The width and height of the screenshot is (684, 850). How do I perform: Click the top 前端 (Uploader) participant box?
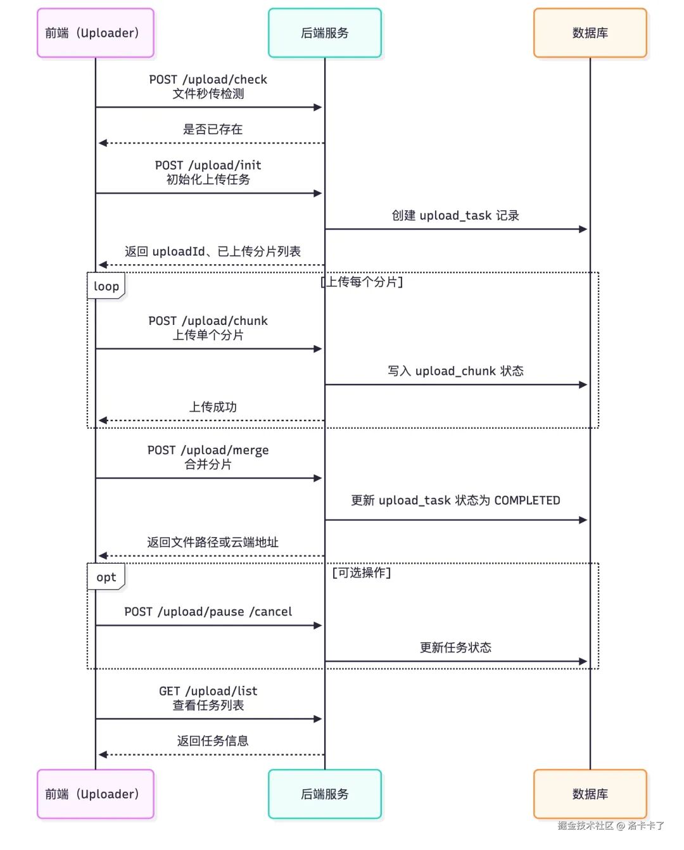click(96, 33)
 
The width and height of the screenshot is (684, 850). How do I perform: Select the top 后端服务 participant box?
click(325, 33)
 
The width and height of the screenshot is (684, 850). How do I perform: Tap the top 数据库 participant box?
click(590, 33)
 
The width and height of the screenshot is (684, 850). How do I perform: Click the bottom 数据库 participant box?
click(590, 794)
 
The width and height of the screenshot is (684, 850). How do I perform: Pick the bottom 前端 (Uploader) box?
click(96, 794)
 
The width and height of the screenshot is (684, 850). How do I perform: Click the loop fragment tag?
click(106, 286)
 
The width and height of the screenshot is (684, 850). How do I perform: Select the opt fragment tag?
click(106, 577)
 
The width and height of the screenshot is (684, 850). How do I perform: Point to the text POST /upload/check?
click(208, 80)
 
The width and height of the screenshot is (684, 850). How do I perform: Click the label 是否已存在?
click(212, 129)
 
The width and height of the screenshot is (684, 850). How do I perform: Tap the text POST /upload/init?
click(208, 165)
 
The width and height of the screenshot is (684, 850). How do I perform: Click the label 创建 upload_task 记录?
click(455, 215)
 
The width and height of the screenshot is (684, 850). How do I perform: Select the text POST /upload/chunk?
click(208, 321)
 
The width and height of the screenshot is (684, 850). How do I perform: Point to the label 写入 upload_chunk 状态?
click(455, 371)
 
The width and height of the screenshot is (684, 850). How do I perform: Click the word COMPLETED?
click(527, 500)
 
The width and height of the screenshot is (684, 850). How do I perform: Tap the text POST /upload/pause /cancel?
click(208, 612)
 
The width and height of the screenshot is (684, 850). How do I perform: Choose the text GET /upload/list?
click(208, 691)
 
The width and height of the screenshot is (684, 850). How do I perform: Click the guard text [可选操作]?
click(362, 573)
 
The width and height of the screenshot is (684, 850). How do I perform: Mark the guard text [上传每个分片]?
click(362, 282)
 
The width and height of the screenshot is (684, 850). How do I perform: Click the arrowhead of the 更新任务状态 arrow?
click(583, 661)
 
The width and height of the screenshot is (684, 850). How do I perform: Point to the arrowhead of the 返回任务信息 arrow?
click(103, 754)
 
